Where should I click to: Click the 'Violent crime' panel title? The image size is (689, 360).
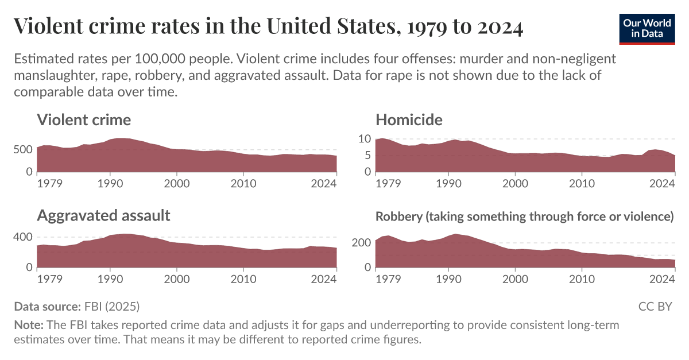pyautogui.click(x=84, y=120)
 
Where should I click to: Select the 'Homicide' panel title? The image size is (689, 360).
pyautogui.click(x=409, y=120)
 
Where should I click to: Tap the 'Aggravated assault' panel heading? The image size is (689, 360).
pyautogui.click(x=103, y=215)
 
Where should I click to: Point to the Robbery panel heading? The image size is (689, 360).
pyautogui.click(x=524, y=216)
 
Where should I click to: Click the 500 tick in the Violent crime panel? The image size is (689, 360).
pyautogui.click(x=23, y=150)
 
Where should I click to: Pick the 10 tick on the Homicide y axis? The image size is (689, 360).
pyautogui.click(x=365, y=138)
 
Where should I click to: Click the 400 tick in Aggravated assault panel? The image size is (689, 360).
pyautogui.click(x=23, y=237)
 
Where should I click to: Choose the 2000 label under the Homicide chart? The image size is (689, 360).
pyautogui.click(x=515, y=184)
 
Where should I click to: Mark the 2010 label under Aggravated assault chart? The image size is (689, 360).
pyautogui.click(x=243, y=279)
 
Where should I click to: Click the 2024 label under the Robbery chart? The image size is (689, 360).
pyautogui.click(x=661, y=279)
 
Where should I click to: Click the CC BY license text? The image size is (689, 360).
pyautogui.click(x=655, y=306)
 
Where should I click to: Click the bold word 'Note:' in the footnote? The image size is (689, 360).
pyautogui.click(x=28, y=325)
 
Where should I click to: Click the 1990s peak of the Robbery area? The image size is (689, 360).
pyautogui.click(x=455, y=235)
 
